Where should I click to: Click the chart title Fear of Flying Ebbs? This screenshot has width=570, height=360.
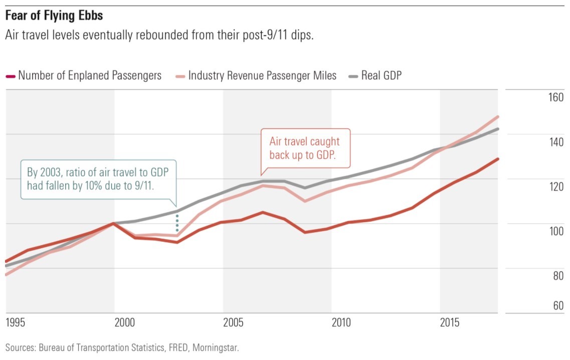54,16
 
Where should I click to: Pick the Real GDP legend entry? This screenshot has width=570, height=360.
381,76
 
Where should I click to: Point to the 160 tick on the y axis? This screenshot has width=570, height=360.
555,97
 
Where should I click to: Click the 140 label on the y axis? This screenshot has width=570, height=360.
555,142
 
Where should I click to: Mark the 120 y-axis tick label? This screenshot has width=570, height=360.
555,187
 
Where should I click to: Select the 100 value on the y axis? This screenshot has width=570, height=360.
555,231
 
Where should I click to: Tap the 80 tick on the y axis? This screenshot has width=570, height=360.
558,276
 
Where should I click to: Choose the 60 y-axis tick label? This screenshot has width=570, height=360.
558,306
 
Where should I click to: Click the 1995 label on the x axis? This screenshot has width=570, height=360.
16,321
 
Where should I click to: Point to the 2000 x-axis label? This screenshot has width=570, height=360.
125,321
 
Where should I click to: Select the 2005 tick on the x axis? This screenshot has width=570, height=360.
234,321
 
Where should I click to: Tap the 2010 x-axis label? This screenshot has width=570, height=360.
342,321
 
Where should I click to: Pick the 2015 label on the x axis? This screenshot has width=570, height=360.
450,321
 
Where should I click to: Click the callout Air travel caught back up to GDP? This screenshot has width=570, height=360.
305,148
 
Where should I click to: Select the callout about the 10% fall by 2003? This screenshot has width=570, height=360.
98,178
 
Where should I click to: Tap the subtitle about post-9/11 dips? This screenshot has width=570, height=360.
159,37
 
